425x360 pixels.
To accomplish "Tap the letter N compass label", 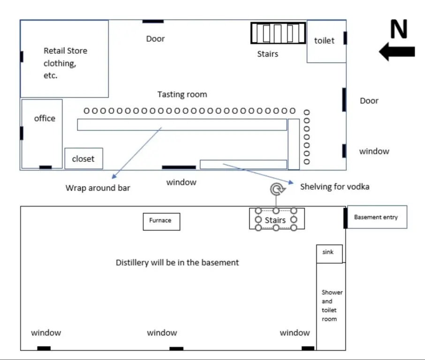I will (x=399, y=30).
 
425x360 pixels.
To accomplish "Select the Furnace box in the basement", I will (x=161, y=221).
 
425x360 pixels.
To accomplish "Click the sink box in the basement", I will (x=329, y=253).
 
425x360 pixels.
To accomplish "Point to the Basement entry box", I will (x=376, y=217).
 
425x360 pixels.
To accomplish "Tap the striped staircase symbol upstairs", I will (x=278, y=33).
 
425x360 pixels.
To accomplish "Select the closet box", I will (x=83, y=159).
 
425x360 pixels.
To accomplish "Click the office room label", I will (x=45, y=119).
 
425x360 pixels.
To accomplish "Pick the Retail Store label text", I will (x=65, y=51).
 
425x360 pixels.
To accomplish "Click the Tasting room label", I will (x=182, y=95).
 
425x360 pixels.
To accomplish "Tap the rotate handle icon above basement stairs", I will (x=276, y=189).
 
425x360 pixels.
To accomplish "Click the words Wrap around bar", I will (x=98, y=188).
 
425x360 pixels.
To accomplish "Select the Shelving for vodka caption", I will (x=334, y=187).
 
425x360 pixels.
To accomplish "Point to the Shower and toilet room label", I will (x=332, y=306).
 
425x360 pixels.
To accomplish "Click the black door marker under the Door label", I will (x=153, y=21).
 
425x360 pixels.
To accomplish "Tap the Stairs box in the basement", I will (x=276, y=219).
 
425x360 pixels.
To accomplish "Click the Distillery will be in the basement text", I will (x=177, y=262).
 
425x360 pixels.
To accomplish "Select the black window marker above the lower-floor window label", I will (x=179, y=167).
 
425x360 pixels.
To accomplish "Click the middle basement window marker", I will (x=176, y=348).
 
